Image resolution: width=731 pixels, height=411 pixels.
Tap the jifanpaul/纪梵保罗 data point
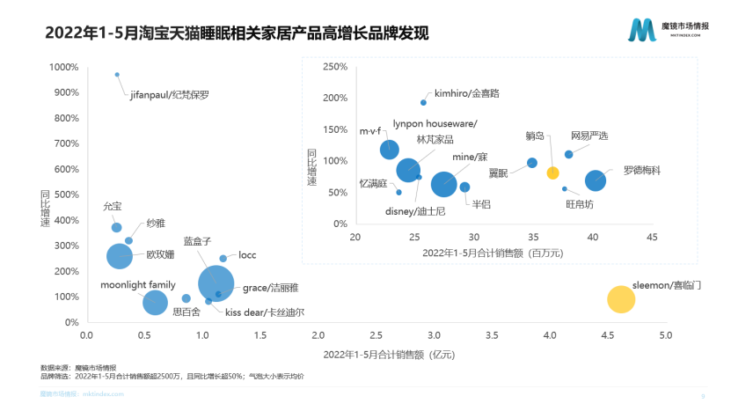[117, 75]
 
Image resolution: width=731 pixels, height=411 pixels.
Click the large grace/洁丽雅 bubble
[216, 283]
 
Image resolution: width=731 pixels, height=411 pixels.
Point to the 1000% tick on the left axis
[63, 67]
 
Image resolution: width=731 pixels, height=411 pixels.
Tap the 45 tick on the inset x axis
[652, 238]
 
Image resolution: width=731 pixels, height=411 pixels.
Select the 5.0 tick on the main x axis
[666, 335]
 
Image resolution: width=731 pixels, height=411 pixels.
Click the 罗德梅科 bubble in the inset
[596, 180]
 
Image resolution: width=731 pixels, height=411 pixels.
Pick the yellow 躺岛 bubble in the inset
[553, 172]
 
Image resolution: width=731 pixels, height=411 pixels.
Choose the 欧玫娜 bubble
[120, 256]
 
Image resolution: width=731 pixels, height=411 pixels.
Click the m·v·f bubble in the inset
[389, 150]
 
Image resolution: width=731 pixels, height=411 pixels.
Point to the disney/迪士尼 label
[416, 211]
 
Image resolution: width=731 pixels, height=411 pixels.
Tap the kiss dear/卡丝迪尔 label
[265, 312]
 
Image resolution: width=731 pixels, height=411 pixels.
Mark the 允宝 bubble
[116, 228]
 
